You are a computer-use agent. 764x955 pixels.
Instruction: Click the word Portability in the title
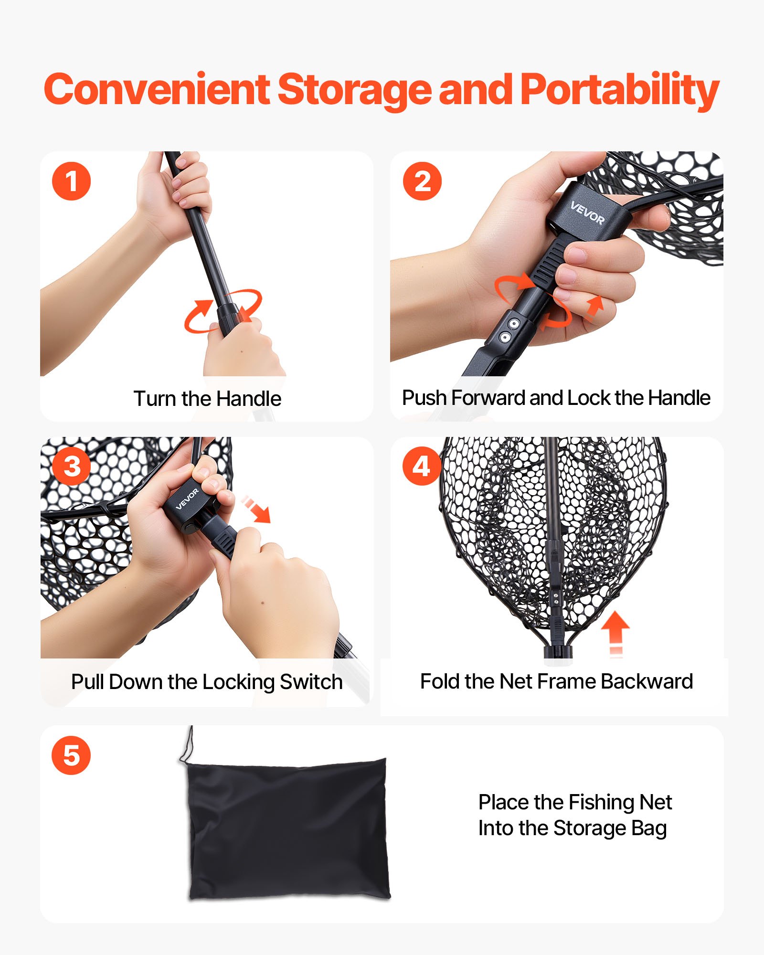[619, 91]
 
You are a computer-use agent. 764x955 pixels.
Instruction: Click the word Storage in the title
[354, 91]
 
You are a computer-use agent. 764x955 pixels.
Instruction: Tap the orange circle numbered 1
[71, 181]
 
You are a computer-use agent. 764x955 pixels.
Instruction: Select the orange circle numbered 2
[422, 181]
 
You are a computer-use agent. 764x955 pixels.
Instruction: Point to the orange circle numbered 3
[72, 466]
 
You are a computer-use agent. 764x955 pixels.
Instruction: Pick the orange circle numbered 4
[422, 466]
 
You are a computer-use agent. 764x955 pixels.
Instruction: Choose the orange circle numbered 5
[71, 755]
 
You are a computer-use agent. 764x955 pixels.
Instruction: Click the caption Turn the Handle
[207, 399]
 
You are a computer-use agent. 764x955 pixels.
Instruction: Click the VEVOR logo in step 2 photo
[587, 213]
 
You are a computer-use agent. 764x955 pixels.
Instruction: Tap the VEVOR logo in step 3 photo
[187, 499]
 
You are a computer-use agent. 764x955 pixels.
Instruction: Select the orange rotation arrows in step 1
[223, 310]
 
